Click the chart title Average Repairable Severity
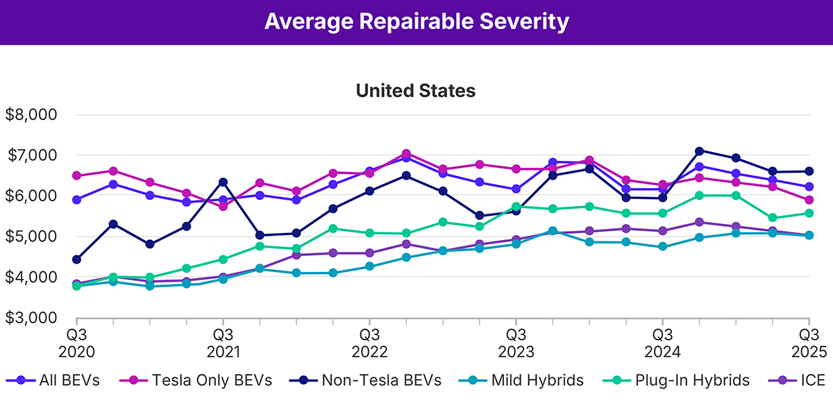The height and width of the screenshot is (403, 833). click(416, 22)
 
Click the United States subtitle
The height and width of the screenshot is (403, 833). click(416, 91)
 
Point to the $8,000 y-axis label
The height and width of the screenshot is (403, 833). click(31, 115)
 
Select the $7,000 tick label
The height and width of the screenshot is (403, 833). click(31, 155)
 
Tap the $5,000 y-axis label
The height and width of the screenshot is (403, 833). click(31, 237)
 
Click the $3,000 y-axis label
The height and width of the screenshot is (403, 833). click(31, 318)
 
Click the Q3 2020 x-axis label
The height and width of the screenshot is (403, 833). click(76, 341)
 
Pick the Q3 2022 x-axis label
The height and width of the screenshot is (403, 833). click(369, 341)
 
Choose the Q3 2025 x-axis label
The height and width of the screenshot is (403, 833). click(807, 341)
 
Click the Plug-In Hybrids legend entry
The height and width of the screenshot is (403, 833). click(678, 380)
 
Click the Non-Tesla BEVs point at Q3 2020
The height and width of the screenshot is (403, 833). click(76, 259)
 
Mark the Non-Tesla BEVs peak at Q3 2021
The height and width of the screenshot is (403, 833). click(223, 182)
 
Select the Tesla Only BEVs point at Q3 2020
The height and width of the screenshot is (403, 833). click(76, 175)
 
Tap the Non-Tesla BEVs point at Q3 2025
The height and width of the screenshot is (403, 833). click(807, 171)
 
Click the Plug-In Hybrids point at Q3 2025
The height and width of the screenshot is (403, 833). click(807, 213)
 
